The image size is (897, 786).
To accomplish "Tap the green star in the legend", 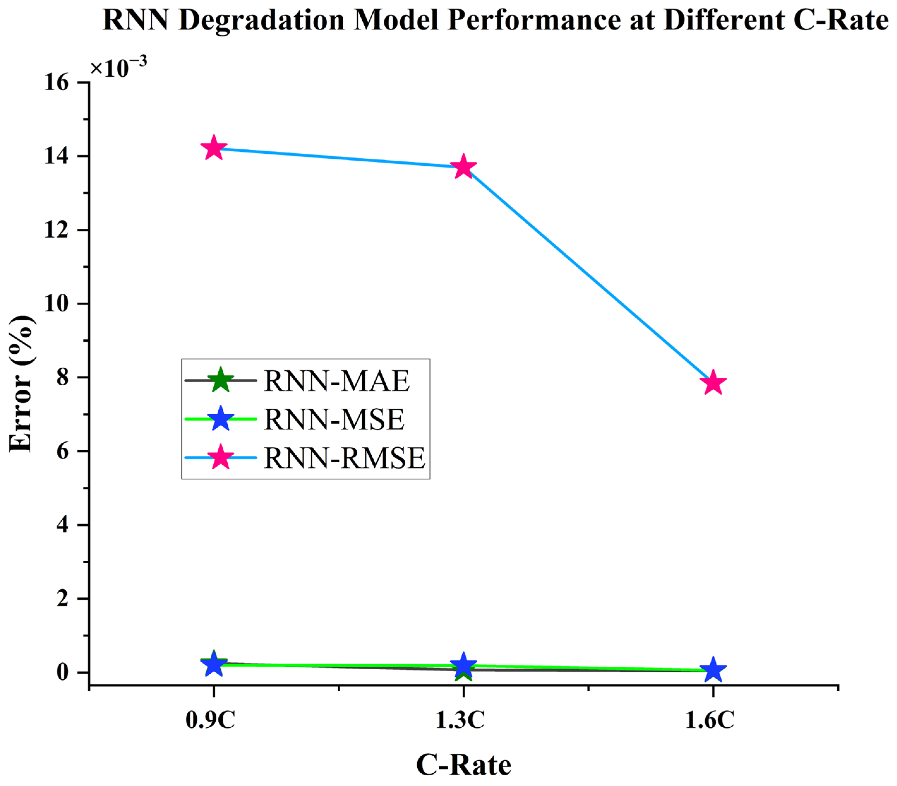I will (220, 380).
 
